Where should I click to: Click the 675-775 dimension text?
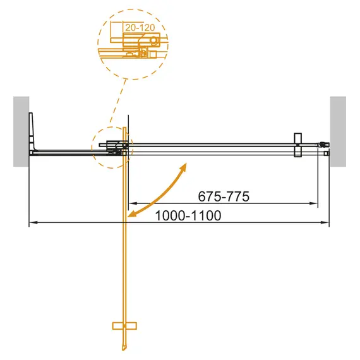tap(220, 196)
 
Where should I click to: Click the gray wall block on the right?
tap(339, 131)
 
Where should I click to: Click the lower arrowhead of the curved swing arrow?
tap(131, 215)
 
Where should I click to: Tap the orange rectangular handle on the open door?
tap(123, 326)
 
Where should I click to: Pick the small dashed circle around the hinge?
tap(111, 147)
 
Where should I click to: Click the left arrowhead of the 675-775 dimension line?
tap(131, 203)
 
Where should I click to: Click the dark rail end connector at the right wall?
tap(323, 144)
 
